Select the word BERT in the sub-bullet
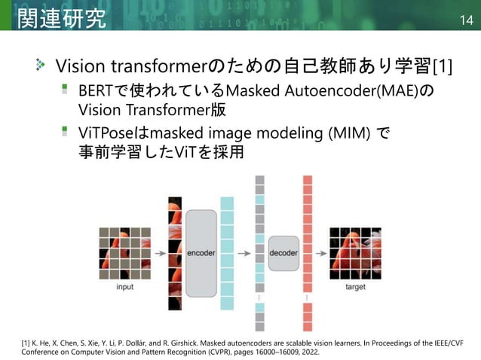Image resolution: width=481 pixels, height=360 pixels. [x=97, y=93]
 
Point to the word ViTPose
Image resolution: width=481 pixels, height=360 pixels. [x=106, y=134]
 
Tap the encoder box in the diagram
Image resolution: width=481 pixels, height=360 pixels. [x=201, y=253]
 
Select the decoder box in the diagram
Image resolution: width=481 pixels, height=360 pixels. [x=283, y=253]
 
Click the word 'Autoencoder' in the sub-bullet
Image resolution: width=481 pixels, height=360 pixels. [x=329, y=93]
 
